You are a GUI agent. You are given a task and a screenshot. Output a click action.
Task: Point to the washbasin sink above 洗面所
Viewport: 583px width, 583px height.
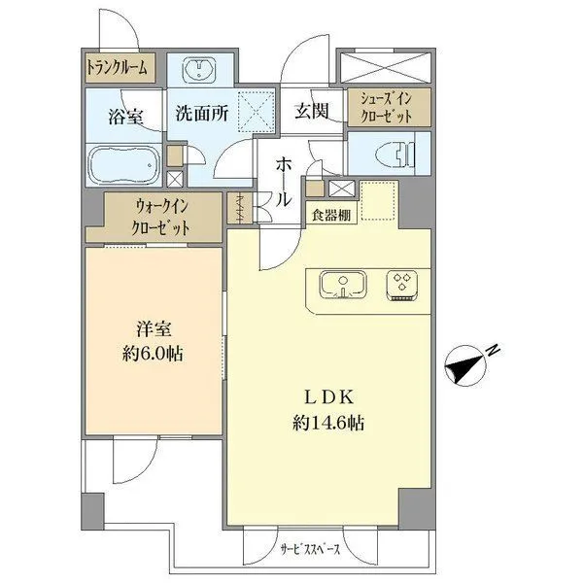(x=203, y=69)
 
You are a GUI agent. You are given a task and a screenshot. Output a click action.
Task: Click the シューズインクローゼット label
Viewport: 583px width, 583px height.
(x=385, y=107)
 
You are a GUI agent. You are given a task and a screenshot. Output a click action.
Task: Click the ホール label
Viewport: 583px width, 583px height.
(x=282, y=180)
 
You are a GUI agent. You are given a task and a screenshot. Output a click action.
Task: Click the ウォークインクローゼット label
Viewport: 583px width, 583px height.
(x=160, y=218)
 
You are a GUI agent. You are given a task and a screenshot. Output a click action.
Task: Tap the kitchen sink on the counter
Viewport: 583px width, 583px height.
(x=342, y=285)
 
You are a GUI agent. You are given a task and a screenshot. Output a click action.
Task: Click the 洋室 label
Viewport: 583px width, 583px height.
(x=154, y=329)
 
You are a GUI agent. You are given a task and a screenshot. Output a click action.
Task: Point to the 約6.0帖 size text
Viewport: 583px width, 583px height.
(x=154, y=354)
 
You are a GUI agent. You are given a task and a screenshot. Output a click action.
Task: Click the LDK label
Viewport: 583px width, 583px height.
(x=326, y=397)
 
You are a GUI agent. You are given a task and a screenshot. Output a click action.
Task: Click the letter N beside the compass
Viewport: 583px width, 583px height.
(x=493, y=349)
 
